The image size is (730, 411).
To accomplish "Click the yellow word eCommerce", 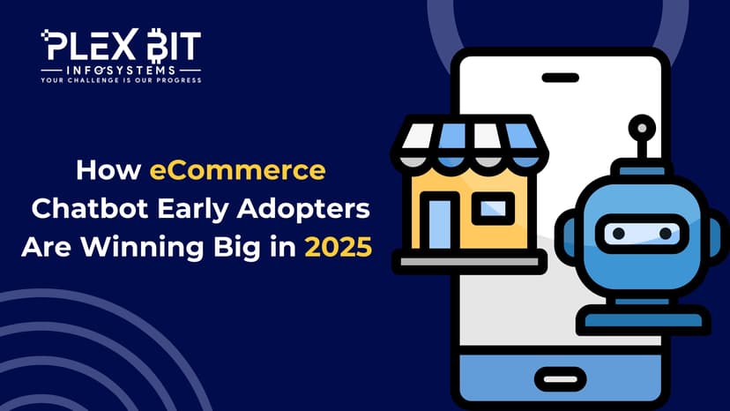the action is pyautogui.click(x=237, y=170).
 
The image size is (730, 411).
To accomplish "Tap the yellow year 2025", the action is pyautogui.click(x=339, y=247).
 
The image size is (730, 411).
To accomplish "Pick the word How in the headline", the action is pyautogui.click(x=108, y=170).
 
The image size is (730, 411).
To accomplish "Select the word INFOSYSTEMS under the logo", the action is pyautogui.click(x=121, y=71).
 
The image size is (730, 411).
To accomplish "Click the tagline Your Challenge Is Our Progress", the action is pyautogui.click(x=121, y=80).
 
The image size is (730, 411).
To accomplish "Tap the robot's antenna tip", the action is pyautogui.click(x=642, y=128).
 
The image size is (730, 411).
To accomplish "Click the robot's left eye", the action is pyautogui.click(x=618, y=233).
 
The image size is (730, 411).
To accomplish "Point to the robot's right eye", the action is pyautogui.click(x=666, y=233).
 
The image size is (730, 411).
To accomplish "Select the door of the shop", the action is pyautogui.click(x=439, y=224).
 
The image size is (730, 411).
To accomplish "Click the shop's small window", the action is pyautogui.click(x=493, y=208).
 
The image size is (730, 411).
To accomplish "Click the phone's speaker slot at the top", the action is pyautogui.click(x=561, y=78).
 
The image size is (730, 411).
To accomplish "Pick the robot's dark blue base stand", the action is pyautogui.click(x=643, y=320).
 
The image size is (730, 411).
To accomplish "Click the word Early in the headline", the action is pyautogui.click(x=193, y=209).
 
